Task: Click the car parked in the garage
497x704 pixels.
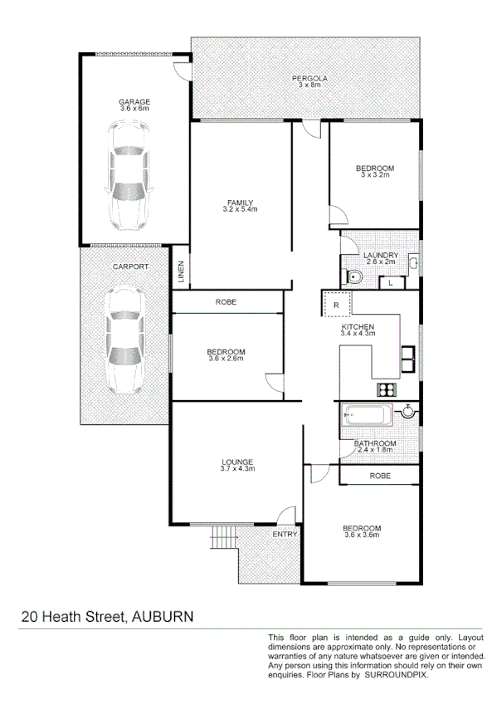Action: [x=129, y=177]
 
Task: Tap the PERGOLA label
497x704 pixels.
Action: [x=309, y=78]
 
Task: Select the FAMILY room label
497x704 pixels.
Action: [x=241, y=203]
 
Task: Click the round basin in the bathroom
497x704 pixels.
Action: [x=407, y=411]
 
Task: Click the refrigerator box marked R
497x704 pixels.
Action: [x=336, y=305]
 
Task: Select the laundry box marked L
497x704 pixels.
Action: [x=391, y=283]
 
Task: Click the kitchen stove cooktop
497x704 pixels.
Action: [x=387, y=390]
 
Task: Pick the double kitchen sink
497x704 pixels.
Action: [x=409, y=358]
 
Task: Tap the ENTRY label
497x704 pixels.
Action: [x=285, y=534]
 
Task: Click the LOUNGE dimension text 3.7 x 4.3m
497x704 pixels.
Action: [x=237, y=469]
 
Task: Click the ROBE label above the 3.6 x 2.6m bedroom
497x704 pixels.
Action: [x=226, y=302]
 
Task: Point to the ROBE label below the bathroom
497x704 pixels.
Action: [x=380, y=476]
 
